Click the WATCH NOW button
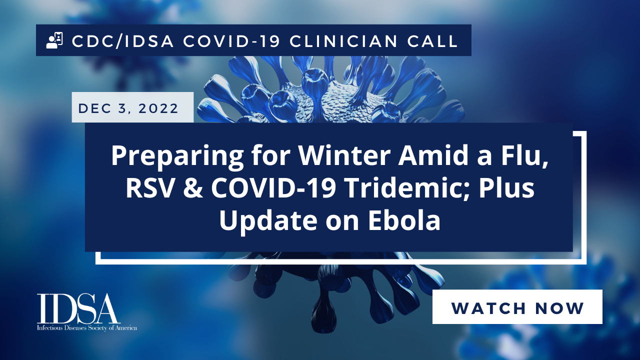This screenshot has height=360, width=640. (x=517, y=306)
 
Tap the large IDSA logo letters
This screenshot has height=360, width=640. (x=77, y=308)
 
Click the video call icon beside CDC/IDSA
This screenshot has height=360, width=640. (x=54, y=40)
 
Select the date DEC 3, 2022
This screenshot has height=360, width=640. (x=128, y=108)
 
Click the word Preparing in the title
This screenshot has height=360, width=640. (x=177, y=156)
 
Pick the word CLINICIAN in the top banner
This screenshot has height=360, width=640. (x=343, y=41)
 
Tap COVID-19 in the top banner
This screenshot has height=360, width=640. (x=231, y=41)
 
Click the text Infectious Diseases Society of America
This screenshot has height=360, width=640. (x=87, y=327)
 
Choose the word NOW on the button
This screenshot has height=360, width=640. (x=559, y=308)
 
